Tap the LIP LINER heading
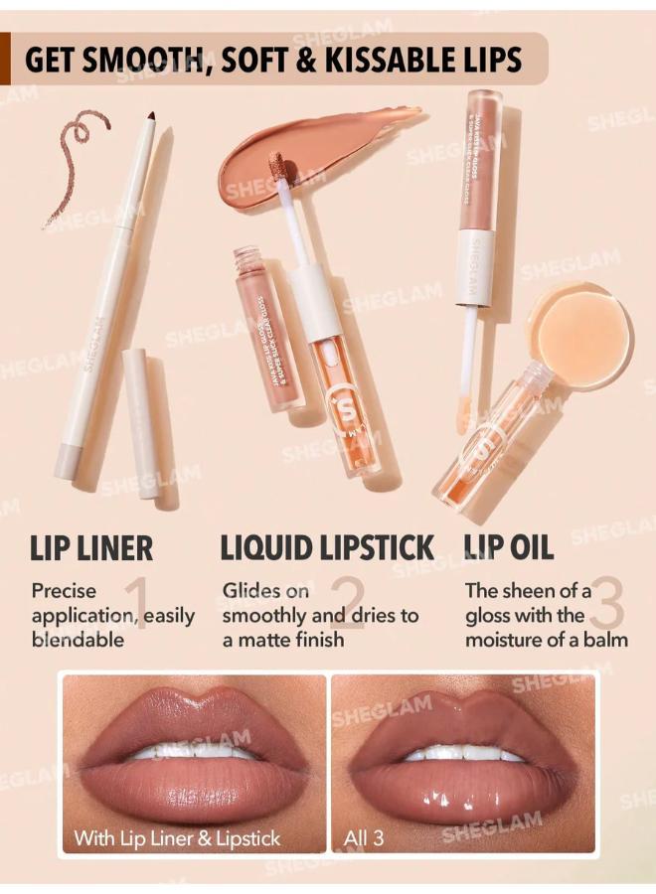91,547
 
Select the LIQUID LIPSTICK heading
327,547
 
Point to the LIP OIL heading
509,547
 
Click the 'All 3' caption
364,837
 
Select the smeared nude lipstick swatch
308,159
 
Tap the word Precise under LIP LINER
64,591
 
